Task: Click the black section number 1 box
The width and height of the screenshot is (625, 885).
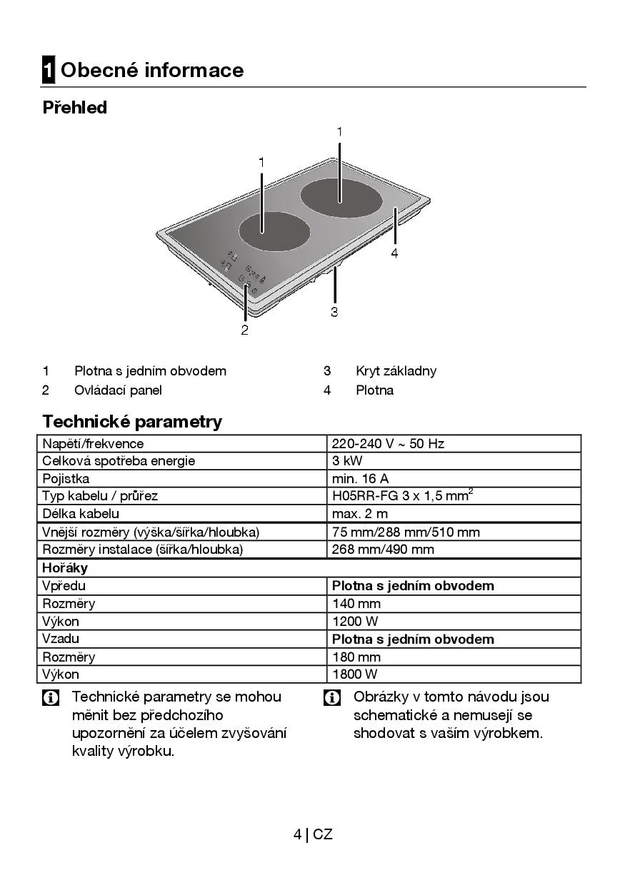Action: pyautogui.click(x=49, y=70)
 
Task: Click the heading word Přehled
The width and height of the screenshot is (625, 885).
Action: pyautogui.click(x=75, y=108)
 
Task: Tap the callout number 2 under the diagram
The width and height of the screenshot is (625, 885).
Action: pyautogui.click(x=245, y=330)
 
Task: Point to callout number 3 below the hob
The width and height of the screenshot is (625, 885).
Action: pyautogui.click(x=334, y=311)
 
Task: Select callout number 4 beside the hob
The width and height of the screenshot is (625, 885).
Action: pyautogui.click(x=394, y=253)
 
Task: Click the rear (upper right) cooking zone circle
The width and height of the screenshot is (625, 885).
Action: pyautogui.click(x=340, y=198)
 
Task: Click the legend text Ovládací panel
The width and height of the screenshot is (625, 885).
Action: pyautogui.click(x=118, y=390)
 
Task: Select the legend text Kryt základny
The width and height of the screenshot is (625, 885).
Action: pyautogui.click(x=396, y=371)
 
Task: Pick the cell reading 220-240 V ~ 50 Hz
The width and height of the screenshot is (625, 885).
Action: pyautogui.click(x=388, y=444)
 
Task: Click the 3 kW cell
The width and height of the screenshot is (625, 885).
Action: pyautogui.click(x=347, y=461)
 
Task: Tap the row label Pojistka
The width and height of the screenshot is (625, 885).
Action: pyautogui.click(x=66, y=479)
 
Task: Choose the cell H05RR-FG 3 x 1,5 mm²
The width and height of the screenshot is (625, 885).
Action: pyautogui.click(x=402, y=496)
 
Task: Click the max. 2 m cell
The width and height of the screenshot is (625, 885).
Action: pyautogui.click(x=360, y=514)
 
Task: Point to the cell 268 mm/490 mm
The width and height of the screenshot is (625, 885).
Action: pyautogui.click(x=383, y=550)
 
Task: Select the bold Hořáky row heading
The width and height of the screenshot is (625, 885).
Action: pyautogui.click(x=65, y=568)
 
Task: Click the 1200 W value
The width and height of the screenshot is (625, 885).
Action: pyautogui.click(x=355, y=622)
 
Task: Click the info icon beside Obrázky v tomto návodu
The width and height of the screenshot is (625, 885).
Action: pyautogui.click(x=332, y=698)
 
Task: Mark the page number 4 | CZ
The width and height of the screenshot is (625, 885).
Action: pyautogui.click(x=313, y=834)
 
